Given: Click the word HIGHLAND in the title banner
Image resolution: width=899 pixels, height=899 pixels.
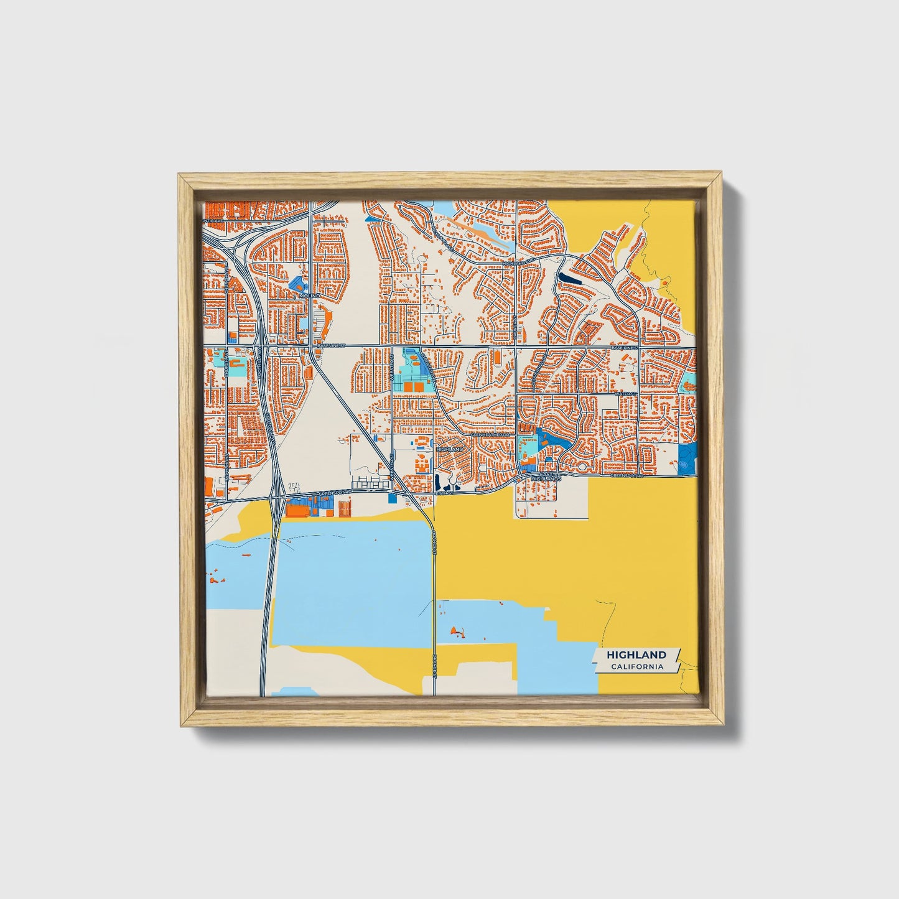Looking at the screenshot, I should tap(636, 654).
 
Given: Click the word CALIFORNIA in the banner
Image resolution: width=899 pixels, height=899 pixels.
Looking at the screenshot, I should tap(636, 667).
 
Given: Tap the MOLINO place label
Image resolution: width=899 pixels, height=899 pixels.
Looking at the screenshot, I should tap(309, 296).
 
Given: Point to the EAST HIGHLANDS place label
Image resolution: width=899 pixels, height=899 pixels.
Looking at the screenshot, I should tap(549, 477).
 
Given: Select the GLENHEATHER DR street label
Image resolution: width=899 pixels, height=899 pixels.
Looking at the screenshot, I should tap(489, 435).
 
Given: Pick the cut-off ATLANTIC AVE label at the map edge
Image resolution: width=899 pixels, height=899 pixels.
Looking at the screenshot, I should tap(213, 220).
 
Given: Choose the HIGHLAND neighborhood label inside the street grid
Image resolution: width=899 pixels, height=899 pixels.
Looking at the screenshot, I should tap(450, 449).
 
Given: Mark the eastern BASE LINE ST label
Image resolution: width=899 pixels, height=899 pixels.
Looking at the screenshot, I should tap(625, 348).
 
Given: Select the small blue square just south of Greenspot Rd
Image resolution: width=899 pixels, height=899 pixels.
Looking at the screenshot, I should tap(391, 498).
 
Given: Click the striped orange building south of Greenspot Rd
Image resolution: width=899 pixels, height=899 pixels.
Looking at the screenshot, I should tap(344, 507).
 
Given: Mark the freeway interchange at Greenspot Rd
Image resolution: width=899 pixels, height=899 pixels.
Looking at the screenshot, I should tap(276, 496).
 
